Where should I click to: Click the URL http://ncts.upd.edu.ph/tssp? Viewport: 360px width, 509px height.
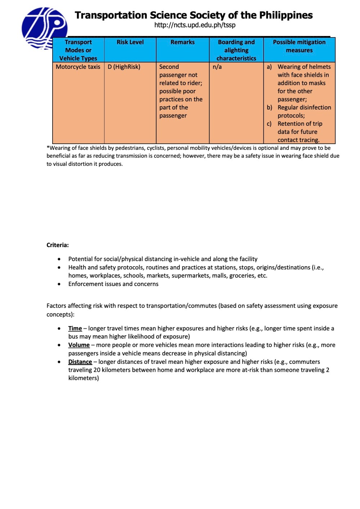(195, 25)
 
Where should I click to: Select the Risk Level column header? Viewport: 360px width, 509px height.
(130, 42)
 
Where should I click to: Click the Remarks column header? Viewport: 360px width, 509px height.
(183, 42)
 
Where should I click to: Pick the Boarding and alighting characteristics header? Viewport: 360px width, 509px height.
(236, 50)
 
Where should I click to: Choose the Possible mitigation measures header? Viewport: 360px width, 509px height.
(299, 46)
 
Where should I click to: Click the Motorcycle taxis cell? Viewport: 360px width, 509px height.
(78, 67)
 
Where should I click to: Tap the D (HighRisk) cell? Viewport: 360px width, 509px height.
(124, 67)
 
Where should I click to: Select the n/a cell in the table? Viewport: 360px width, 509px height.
(217, 67)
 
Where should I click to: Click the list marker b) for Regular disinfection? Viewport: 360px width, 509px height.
(269, 107)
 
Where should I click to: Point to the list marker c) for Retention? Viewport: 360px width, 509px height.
(269, 124)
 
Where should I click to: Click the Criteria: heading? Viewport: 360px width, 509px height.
(58, 245)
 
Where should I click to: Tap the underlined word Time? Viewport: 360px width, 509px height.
(75, 328)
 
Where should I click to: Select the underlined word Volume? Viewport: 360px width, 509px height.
(79, 345)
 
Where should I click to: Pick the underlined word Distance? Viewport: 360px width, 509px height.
(80, 362)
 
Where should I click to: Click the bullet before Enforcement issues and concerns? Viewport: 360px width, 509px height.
(59, 284)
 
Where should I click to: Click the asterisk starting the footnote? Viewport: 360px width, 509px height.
(48, 147)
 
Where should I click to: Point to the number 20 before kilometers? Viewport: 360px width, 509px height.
(96, 370)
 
